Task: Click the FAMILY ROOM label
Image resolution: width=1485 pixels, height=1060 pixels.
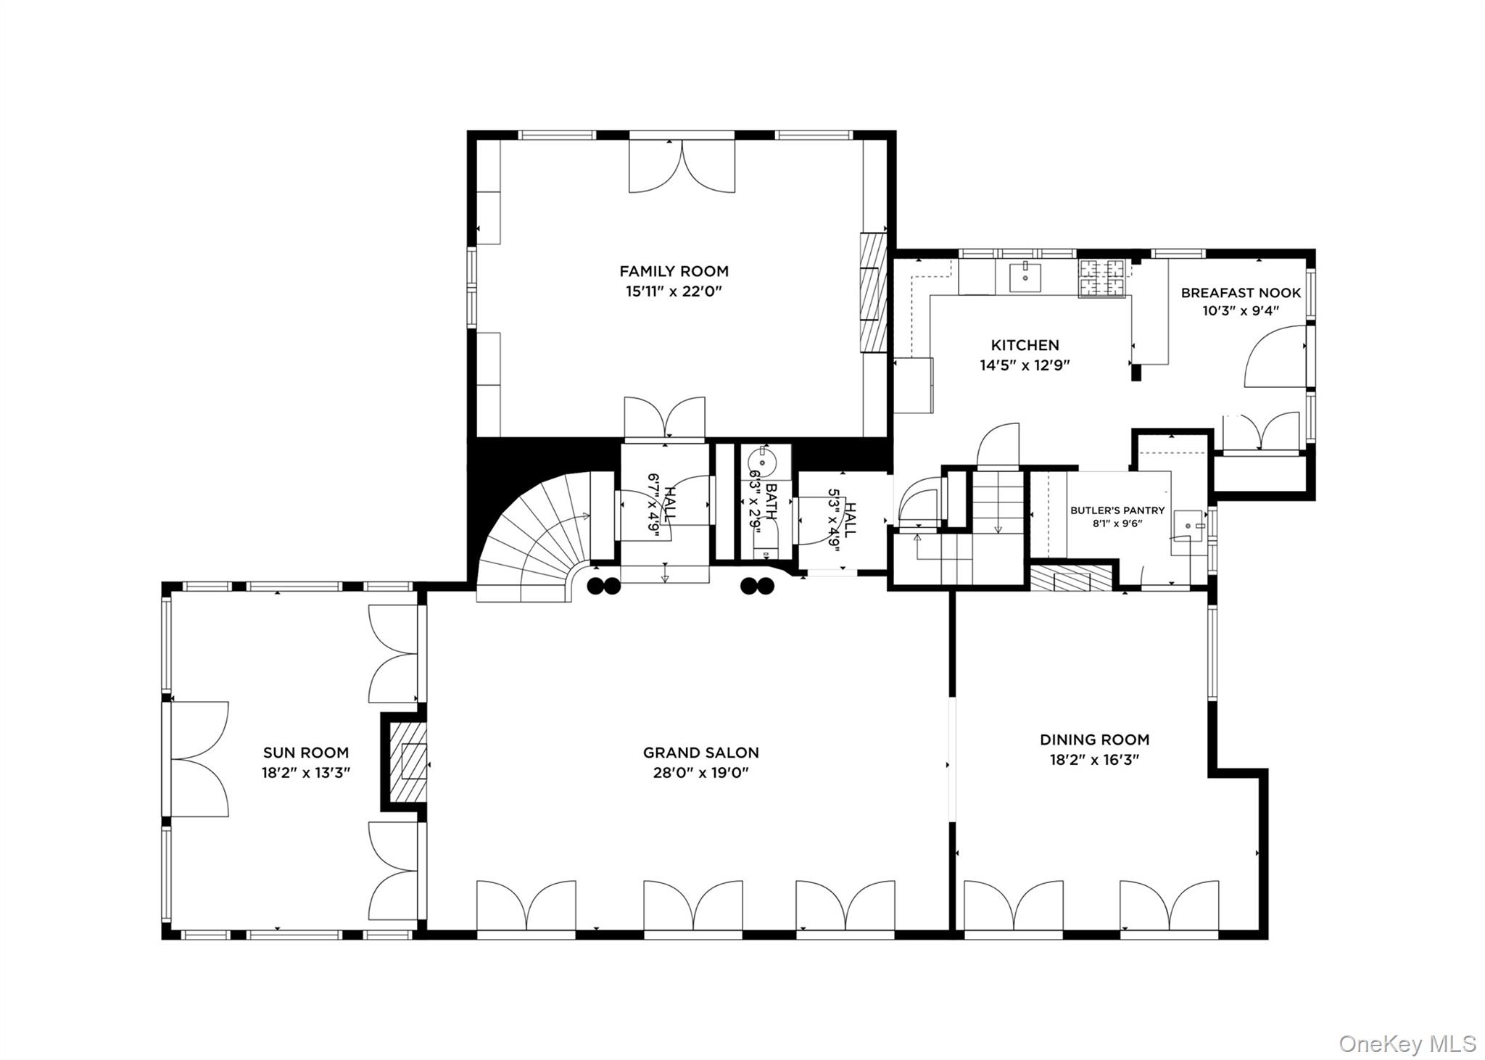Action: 674,271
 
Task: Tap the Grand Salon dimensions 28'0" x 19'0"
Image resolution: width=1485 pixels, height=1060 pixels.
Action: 701,772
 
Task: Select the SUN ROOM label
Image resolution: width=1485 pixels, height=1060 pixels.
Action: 305,753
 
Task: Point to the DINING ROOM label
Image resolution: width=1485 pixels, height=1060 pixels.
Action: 1094,740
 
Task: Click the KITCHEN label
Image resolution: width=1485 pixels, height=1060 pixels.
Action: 1025,345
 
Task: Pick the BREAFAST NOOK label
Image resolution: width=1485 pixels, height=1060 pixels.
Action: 1241,293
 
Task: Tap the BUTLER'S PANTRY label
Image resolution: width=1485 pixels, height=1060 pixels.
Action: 1117,510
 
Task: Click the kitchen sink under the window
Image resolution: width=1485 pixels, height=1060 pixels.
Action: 1025,276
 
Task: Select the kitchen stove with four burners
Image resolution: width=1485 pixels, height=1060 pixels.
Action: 1101,278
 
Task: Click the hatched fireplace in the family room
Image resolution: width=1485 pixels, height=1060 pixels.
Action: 874,292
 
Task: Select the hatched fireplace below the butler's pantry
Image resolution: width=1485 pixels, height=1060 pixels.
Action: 1072,578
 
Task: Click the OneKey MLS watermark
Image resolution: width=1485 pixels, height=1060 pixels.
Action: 1407,1043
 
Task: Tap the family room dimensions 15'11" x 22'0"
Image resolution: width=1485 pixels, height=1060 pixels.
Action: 674,291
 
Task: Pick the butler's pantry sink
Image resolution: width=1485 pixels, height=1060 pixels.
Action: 1188,522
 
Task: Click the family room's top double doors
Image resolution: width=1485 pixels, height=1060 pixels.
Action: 682,166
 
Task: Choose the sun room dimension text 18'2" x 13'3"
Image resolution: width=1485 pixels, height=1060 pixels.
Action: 306,773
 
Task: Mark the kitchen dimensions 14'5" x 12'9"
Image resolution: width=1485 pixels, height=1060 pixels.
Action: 1025,365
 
